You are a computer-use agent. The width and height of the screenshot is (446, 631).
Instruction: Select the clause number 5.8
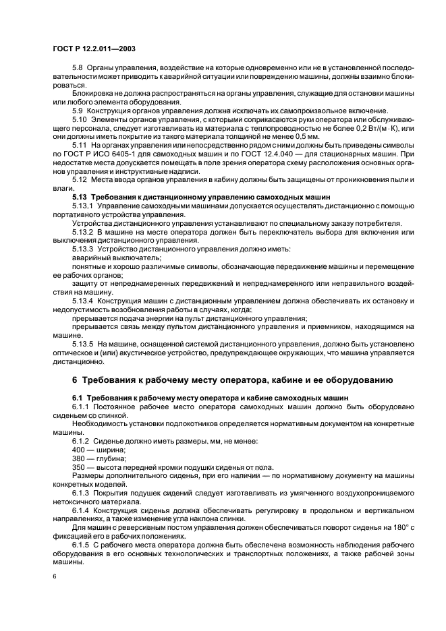[x=78, y=68]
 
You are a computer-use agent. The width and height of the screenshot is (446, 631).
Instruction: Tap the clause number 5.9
[x=78, y=110]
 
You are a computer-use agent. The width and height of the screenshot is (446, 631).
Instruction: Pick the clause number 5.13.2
[x=84, y=232]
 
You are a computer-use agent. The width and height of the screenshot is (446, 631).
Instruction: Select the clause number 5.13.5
[x=84, y=343]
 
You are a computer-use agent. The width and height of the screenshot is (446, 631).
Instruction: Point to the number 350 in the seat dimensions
[x=78, y=466]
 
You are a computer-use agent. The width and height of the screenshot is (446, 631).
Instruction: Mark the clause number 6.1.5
[x=82, y=543]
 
